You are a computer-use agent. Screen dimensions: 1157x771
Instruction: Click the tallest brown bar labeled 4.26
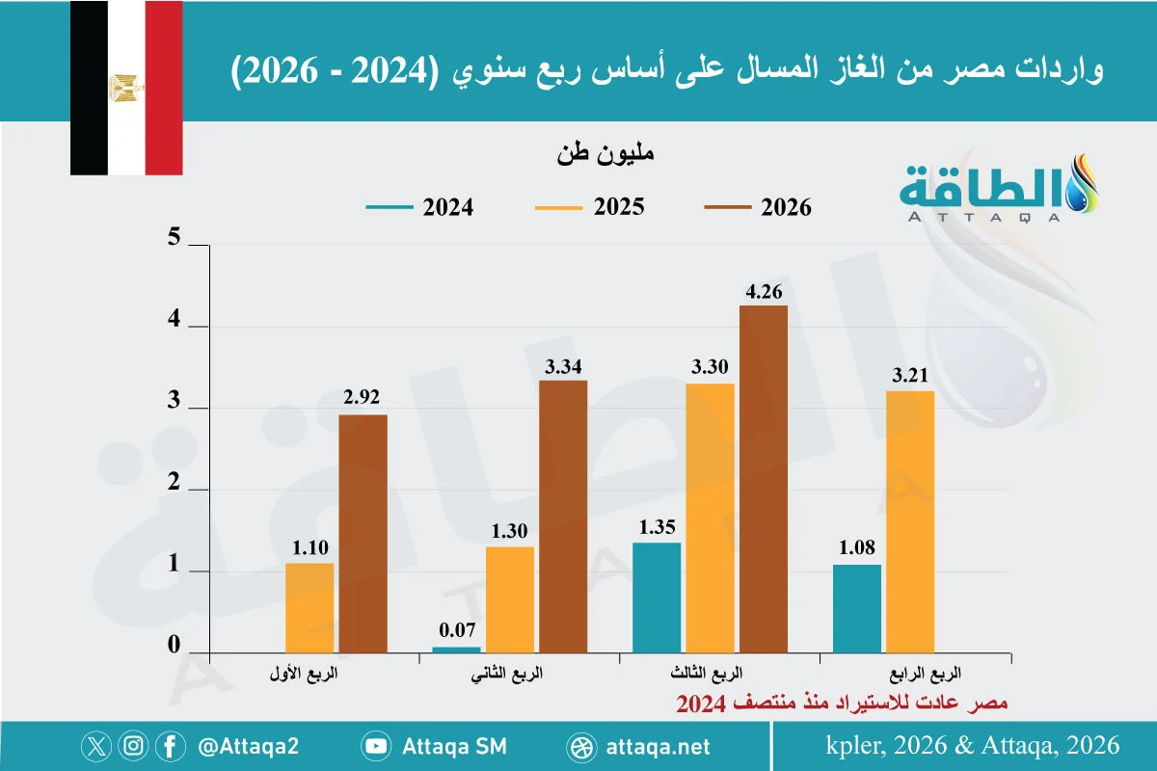[764, 479]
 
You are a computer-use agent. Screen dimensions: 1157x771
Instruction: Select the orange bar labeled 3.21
[910, 521]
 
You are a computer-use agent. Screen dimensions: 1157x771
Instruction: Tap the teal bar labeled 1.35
[657, 598]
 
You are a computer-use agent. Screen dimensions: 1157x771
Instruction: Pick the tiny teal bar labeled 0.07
[457, 650]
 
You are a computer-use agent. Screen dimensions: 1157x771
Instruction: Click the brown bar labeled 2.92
[363, 534]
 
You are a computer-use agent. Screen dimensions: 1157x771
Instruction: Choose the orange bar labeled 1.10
[309, 608]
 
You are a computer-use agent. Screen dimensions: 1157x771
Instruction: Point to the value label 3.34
[563, 366]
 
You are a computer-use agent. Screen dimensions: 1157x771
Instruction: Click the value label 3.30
[710, 366]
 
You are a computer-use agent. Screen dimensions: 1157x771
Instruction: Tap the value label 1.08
[857, 547]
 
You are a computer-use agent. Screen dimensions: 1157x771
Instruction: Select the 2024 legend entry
[419, 207]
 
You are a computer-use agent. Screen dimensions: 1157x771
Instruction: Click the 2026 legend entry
[758, 207]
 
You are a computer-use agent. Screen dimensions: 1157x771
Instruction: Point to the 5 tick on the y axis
[175, 237]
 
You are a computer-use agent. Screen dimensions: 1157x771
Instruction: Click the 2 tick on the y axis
[175, 482]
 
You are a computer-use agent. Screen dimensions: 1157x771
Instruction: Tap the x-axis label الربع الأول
[304, 674]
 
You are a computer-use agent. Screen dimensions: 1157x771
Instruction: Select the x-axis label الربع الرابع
[925, 674]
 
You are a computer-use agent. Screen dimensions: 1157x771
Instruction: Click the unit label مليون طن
[605, 154]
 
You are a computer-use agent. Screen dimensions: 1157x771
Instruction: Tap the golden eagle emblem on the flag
[126, 88]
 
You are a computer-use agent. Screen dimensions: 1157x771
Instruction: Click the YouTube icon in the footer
[376, 746]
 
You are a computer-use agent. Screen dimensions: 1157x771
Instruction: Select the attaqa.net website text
[658, 747]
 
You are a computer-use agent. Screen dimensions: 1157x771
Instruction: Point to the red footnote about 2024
[842, 704]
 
